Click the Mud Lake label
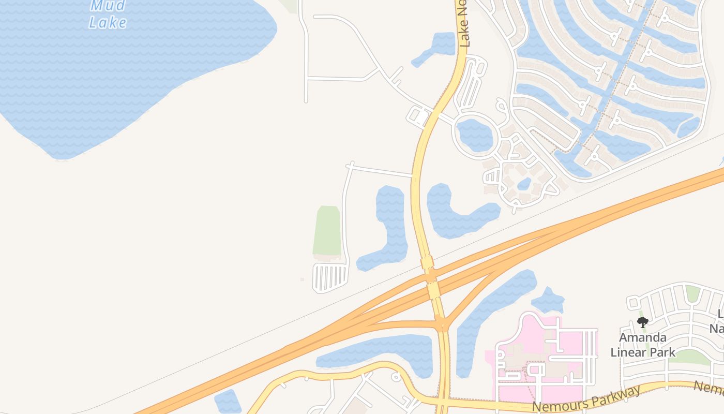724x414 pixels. tap(108, 14)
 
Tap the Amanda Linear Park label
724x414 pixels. tap(643, 345)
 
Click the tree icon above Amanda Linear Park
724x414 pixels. tap(643, 322)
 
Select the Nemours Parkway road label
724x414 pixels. tap(586, 398)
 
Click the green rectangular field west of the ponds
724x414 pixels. tap(327, 230)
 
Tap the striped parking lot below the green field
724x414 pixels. tap(330, 277)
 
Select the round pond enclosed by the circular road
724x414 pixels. tap(475, 135)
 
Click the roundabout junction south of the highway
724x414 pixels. tap(442, 325)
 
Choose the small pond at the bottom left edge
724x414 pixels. tap(228, 402)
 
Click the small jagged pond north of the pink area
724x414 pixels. tap(547, 300)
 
